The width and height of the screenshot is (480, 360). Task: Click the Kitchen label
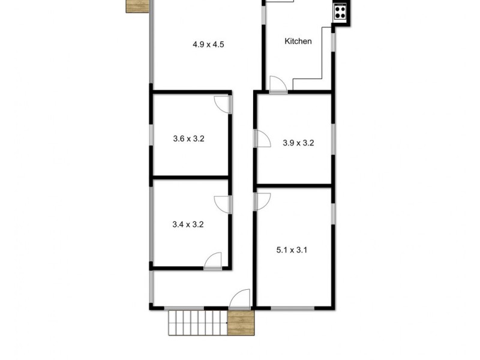point(298,41)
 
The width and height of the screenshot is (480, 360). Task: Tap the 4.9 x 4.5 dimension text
point(208,44)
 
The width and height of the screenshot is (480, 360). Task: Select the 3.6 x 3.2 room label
point(188,139)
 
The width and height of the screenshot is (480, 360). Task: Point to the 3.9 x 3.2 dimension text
point(298,143)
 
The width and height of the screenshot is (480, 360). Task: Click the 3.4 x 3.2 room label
point(188,225)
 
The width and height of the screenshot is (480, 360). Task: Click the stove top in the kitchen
point(340,11)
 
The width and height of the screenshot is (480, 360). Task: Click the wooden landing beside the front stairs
point(241,323)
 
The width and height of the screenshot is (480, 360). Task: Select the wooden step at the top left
point(137,5)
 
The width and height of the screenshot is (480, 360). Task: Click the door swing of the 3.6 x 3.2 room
point(224,104)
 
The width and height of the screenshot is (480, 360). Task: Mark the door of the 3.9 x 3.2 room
point(262,139)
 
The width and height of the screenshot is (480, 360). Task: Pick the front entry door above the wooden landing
point(241,299)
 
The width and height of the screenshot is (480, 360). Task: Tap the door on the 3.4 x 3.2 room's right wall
point(223,203)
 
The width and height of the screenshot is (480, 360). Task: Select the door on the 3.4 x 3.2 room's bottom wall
point(213,261)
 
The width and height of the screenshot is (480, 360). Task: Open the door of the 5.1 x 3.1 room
point(263,201)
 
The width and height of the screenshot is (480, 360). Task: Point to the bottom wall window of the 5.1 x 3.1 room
point(293,308)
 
